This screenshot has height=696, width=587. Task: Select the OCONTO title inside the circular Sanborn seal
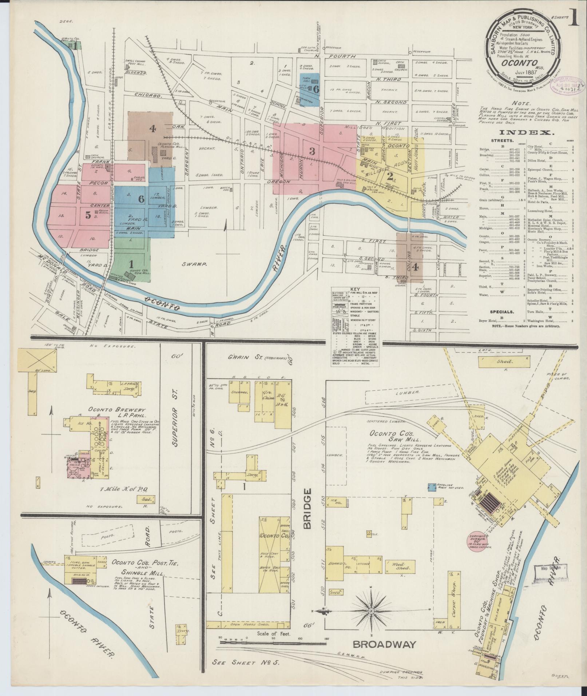(520, 62)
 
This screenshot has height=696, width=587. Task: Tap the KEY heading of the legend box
(354, 290)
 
